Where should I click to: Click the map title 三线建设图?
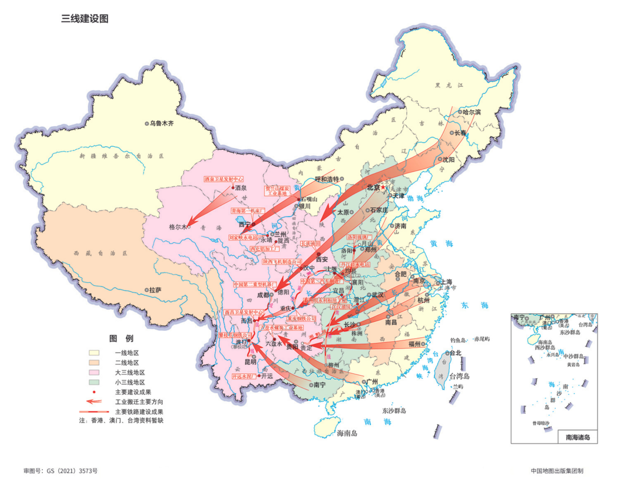(85, 19)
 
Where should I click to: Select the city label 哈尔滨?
(471, 112)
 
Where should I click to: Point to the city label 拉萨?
(155, 290)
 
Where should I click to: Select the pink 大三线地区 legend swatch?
(94, 373)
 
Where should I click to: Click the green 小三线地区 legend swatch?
(94, 382)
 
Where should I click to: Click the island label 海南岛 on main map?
(346, 434)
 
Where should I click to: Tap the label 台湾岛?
(458, 375)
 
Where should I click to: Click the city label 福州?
(415, 344)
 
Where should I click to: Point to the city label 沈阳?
(451, 160)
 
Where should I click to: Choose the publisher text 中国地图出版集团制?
(556, 471)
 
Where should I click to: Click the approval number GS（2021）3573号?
(61, 471)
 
